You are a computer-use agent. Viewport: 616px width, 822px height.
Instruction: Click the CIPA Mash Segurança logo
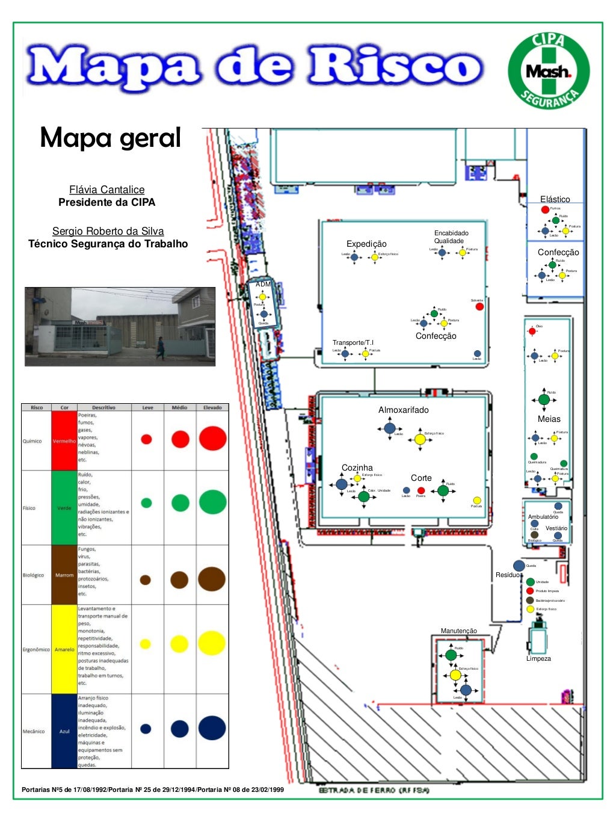(x=548, y=72)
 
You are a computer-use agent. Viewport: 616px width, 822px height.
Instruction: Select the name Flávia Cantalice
(x=106, y=190)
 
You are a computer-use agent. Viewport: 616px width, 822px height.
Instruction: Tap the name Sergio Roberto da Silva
(x=108, y=231)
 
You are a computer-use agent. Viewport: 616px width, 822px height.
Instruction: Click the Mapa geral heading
(x=110, y=138)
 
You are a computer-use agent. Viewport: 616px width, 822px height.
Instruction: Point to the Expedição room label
(x=366, y=244)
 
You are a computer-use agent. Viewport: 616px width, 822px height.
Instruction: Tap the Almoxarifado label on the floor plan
(x=403, y=410)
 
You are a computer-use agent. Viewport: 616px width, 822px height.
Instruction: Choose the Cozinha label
(x=357, y=468)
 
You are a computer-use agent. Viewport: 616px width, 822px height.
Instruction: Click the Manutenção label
(x=458, y=631)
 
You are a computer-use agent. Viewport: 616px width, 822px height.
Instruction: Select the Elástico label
(x=555, y=199)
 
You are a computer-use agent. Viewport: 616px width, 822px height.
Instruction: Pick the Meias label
(x=549, y=419)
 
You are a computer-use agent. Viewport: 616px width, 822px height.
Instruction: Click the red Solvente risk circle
(x=479, y=307)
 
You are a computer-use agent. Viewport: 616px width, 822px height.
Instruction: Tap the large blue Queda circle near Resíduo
(x=519, y=566)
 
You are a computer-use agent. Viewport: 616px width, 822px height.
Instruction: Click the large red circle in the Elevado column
(x=212, y=439)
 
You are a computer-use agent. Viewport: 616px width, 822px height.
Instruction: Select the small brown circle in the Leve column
(x=145, y=580)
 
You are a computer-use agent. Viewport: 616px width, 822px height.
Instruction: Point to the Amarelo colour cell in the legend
(x=64, y=649)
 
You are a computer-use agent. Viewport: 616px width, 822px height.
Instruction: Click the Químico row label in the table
(x=32, y=441)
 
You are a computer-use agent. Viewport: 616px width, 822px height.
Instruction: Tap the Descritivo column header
(x=103, y=407)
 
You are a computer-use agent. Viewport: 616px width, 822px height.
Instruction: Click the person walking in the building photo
(x=160, y=348)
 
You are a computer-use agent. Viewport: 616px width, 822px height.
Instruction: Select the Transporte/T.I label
(x=353, y=342)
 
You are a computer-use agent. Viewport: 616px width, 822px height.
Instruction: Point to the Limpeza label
(x=538, y=658)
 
